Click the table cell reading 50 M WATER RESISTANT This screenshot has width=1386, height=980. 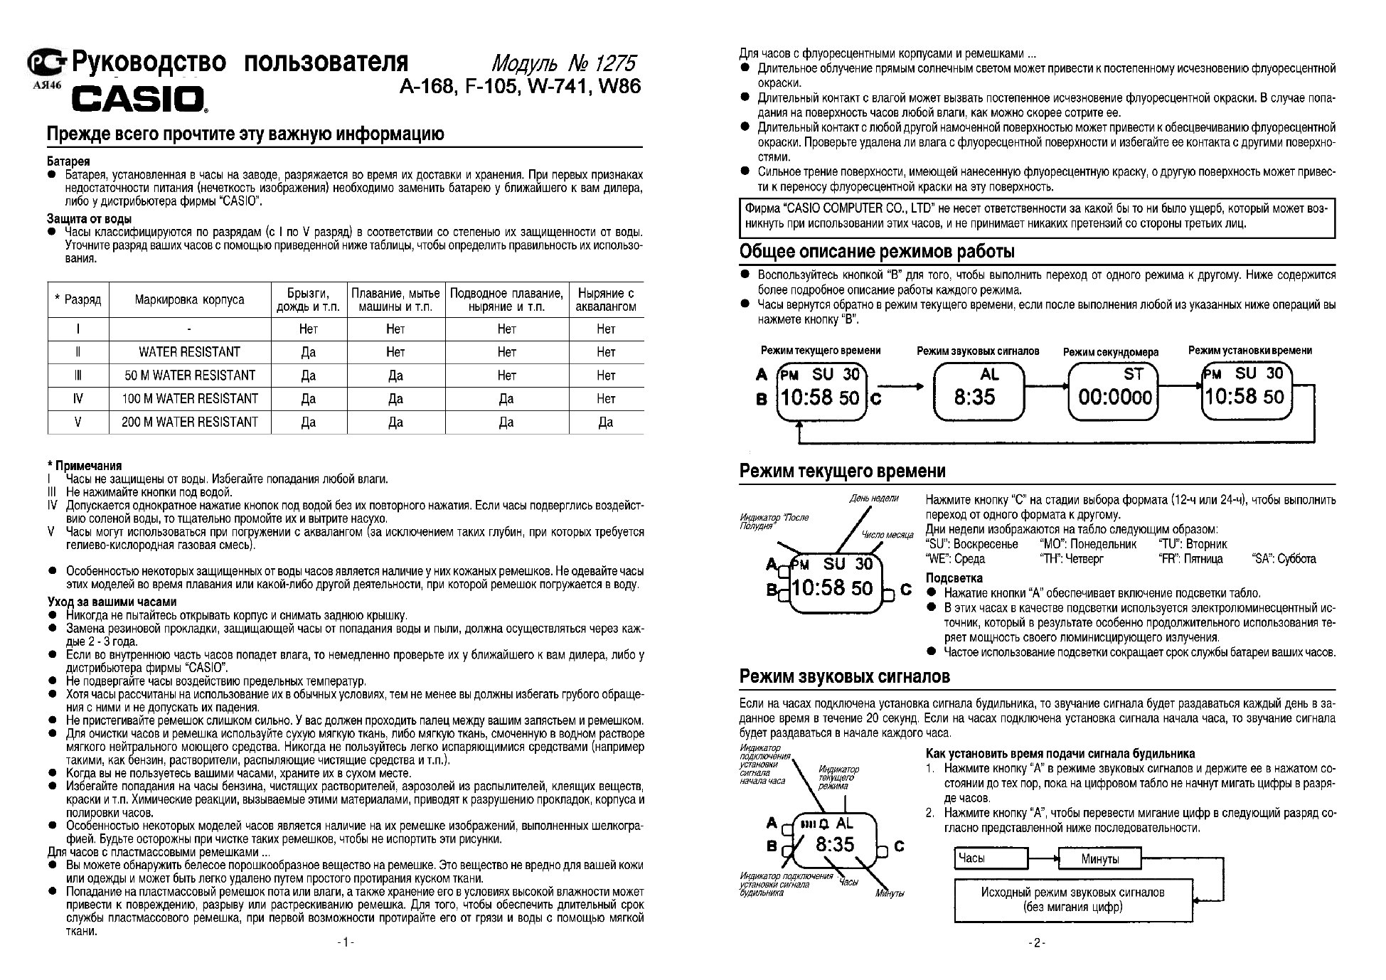[189, 375]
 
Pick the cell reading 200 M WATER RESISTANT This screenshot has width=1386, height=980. [189, 422]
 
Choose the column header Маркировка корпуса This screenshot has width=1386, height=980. [189, 299]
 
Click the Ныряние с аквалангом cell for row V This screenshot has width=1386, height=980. [605, 422]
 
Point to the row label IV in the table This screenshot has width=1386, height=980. [78, 398]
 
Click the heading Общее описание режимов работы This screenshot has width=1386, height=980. [877, 251]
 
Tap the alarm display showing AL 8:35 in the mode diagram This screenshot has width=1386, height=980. [979, 391]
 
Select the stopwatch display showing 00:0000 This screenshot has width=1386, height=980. [1114, 391]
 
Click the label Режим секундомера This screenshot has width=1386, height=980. [1110, 351]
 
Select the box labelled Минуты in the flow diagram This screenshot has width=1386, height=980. [1099, 858]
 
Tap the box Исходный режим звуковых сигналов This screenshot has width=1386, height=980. [1072, 899]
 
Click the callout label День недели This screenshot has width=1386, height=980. [873, 498]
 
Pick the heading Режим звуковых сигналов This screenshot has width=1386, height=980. [844, 676]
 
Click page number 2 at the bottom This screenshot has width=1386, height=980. [1036, 943]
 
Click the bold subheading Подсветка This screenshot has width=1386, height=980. [954, 578]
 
